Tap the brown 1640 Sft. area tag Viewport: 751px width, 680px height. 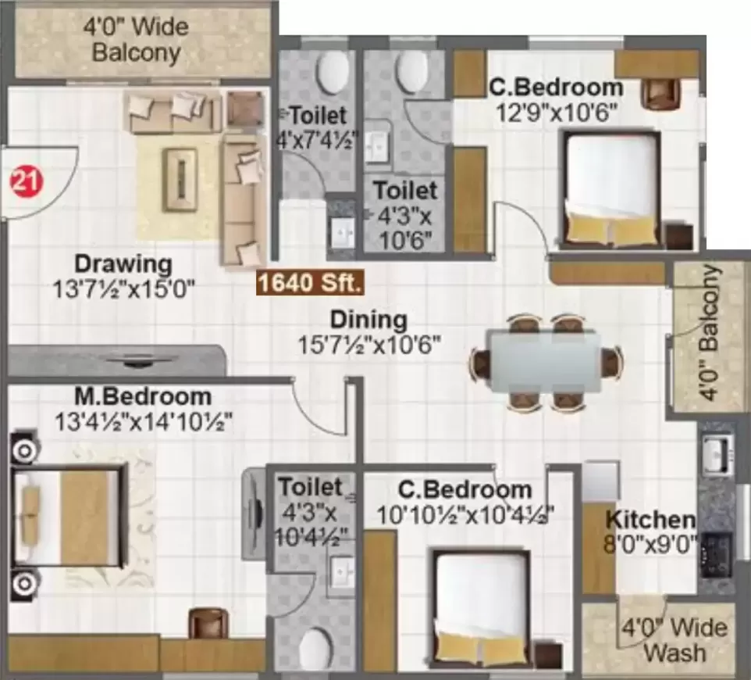click(x=310, y=284)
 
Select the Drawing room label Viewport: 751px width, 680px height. click(x=123, y=262)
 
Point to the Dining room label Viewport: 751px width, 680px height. click(x=368, y=320)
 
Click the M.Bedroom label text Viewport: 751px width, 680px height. click(x=144, y=396)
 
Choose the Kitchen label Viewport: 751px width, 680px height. click(x=650, y=519)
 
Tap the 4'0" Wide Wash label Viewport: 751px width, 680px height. click(x=674, y=640)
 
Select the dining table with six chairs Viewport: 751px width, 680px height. click(x=545, y=363)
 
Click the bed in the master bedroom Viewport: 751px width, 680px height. click(x=70, y=515)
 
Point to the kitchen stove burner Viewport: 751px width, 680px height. click(x=715, y=553)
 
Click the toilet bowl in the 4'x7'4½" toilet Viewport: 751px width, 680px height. click(x=333, y=73)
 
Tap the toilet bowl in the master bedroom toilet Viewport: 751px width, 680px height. click(x=317, y=649)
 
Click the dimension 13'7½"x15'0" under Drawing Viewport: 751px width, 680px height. click(x=123, y=289)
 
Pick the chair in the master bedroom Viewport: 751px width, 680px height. click(x=208, y=623)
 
